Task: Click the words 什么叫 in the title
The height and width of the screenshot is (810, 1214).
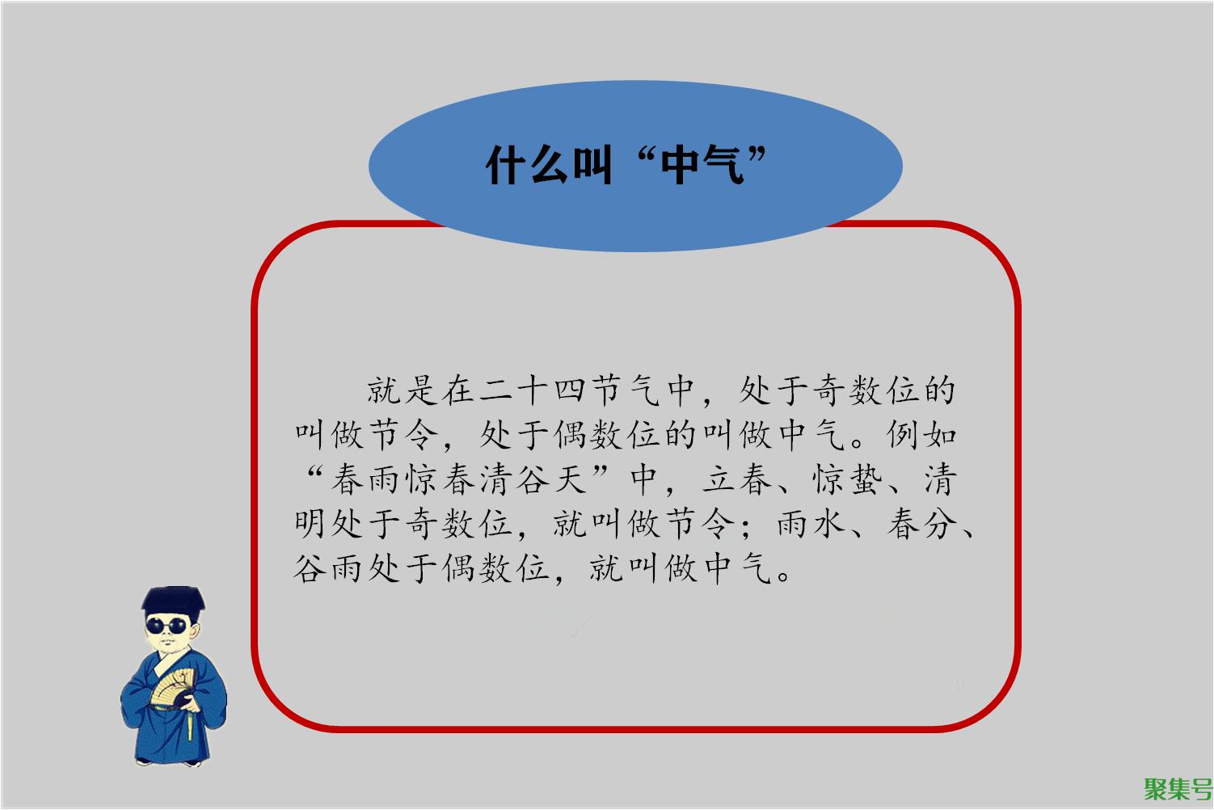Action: (549, 166)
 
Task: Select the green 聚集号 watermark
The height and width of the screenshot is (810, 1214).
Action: (1178, 790)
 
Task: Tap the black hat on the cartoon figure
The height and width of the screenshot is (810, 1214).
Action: (173, 601)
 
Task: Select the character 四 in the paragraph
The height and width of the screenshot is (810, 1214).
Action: (568, 390)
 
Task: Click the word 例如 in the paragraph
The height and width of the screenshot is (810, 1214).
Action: (921, 435)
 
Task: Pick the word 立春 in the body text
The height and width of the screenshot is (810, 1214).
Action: (736, 480)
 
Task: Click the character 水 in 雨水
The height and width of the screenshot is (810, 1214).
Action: (829, 525)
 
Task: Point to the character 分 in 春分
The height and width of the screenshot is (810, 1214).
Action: (940, 525)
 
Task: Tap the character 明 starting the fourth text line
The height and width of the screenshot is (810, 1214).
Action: (310, 525)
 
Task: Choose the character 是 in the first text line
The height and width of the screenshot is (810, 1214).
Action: (421, 390)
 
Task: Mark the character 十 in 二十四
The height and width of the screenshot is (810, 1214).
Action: (532, 390)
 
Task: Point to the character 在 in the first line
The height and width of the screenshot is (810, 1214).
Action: (458, 390)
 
